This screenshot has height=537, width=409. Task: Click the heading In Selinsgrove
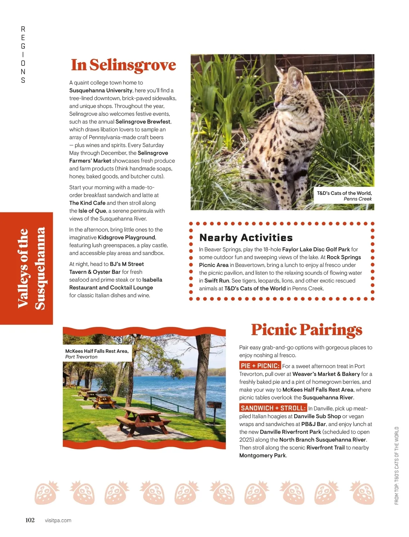click(123, 65)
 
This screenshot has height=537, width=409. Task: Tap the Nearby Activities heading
click(246, 237)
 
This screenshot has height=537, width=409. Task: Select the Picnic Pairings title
click(306, 330)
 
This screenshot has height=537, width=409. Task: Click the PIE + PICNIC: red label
click(260, 366)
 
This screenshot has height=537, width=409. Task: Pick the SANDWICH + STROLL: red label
click(273, 408)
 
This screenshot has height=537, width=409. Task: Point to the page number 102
click(30, 520)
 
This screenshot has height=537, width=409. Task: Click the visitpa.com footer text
click(58, 520)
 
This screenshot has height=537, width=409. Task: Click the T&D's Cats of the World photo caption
click(344, 196)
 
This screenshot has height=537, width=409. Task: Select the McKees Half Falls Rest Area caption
click(97, 354)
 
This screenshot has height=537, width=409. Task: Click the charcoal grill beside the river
click(215, 406)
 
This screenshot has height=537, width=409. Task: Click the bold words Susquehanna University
click(101, 90)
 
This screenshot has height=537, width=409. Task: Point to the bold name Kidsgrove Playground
click(126, 237)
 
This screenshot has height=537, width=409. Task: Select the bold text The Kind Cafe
click(87, 203)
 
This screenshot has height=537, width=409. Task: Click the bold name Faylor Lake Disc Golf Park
click(316, 249)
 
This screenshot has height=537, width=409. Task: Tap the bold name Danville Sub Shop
click(317, 416)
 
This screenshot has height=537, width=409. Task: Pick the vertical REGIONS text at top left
click(23, 55)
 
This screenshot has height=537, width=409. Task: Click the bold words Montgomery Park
click(262, 455)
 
